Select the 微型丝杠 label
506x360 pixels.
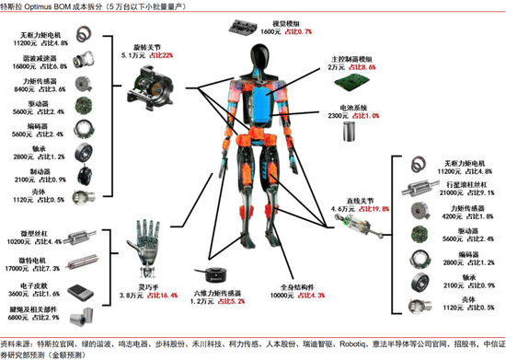pos(20,234)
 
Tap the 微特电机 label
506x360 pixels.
pos(20,261)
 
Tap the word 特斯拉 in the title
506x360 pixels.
pos(15,6)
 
